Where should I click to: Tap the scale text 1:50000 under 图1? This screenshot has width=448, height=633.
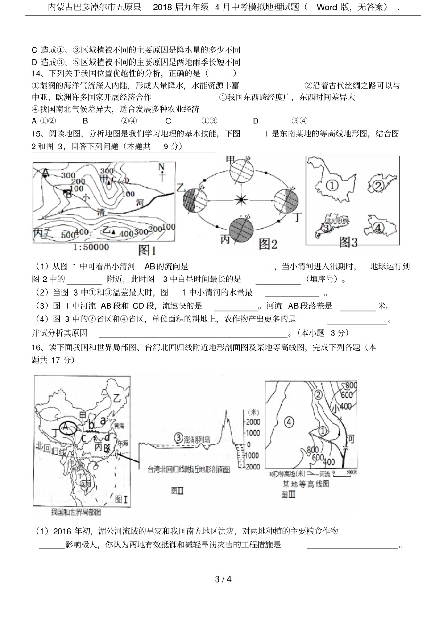pyautogui.click(x=91, y=247)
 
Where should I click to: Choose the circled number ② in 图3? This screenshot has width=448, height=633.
pyautogui.click(x=378, y=185)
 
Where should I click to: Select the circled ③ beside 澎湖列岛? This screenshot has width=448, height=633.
pyautogui.click(x=178, y=438)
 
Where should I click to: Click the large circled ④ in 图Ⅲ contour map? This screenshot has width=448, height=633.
pyautogui.click(x=289, y=421)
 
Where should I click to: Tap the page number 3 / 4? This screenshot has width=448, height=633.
pyautogui.click(x=223, y=579)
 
